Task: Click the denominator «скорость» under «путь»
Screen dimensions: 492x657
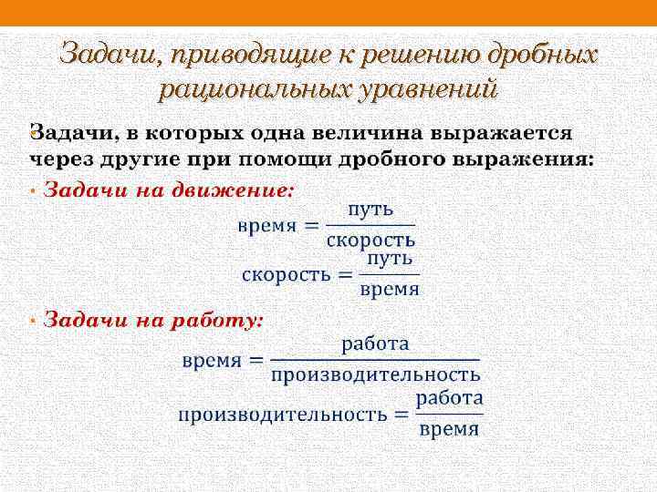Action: coord(370,241)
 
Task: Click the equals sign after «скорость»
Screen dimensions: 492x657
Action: coord(345,274)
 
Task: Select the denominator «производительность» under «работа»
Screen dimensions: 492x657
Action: coord(376,374)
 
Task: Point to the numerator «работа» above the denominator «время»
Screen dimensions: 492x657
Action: coord(450,398)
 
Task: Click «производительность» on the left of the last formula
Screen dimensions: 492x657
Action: coord(282,415)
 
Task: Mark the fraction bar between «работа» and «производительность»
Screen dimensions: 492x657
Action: coord(376,360)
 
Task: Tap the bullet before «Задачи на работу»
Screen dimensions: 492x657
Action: coord(33,321)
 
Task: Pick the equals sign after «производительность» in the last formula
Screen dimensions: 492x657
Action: coord(401,415)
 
